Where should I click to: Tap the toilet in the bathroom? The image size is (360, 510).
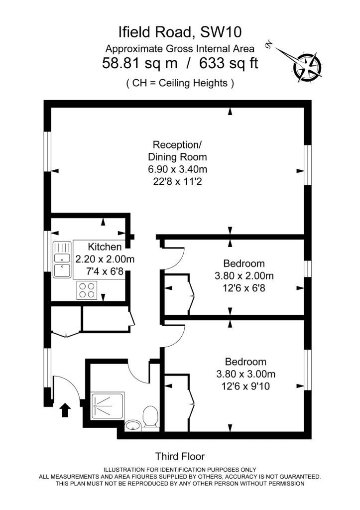[150, 417]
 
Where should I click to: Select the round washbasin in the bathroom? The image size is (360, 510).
[132, 425]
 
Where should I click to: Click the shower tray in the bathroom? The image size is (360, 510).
[108, 405]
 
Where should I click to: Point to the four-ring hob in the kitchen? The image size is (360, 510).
[87, 290]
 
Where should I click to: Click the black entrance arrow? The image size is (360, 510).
[65, 410]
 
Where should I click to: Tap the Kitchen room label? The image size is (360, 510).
[105, 247]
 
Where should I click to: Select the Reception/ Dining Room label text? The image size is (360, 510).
[177, 150]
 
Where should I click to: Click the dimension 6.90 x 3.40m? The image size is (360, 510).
[178, 169]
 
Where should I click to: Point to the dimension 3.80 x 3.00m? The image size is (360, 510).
[246, 374]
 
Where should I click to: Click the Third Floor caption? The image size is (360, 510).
[180, 456]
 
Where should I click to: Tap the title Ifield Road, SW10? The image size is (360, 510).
[180, 32]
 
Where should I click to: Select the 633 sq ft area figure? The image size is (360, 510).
[229, 63]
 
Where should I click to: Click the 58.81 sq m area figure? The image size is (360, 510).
[140, 63]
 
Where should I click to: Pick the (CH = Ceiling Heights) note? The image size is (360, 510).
[180, 83]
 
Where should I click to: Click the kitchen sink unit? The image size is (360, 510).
[62, 259]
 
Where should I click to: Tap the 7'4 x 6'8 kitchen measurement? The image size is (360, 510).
[105, 271]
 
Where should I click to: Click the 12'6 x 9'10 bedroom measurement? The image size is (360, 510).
[245, 386]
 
